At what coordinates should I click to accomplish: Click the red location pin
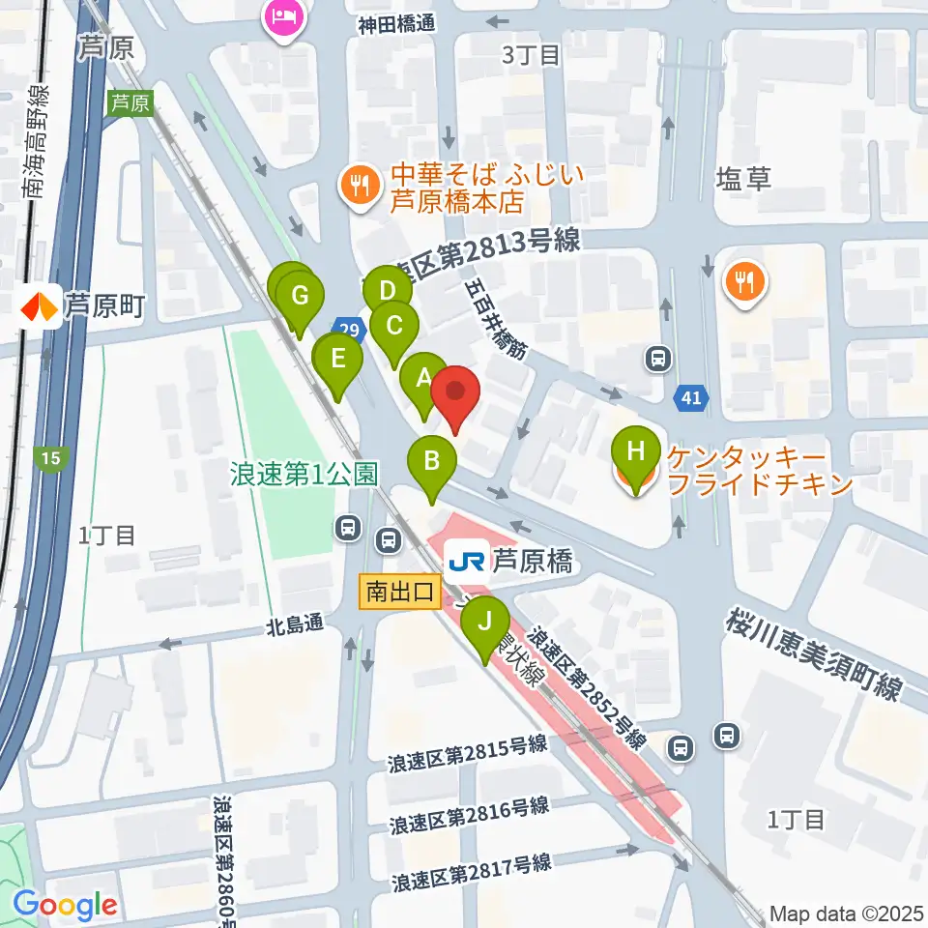point(455,393)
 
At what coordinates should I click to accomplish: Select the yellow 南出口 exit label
point(399,592)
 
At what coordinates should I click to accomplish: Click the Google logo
point(65,905)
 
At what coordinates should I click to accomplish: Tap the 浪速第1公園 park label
point(302,474)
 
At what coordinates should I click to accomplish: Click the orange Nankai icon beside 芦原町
point(40,307)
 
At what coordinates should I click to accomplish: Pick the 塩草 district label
point(743,178)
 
